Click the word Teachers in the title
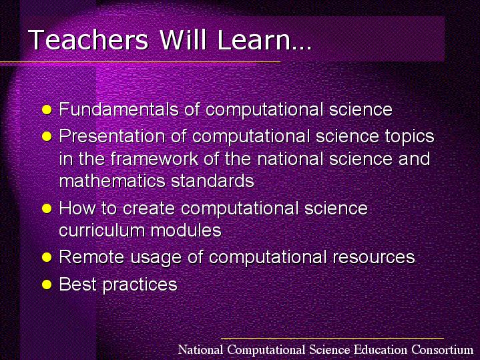click(89, 39)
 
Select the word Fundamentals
click(119, 109)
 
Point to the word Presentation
click(112, 136)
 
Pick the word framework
click(154, 159)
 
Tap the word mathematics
click(112, 181)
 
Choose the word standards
click(212, 181)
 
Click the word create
click(149, 208)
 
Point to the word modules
click(186, 230)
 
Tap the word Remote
click(91, 256)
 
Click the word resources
click(374, 257)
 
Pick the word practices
click(140, 285)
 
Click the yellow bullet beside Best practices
click(47, 285)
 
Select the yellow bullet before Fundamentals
click(47, 110)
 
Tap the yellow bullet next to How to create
click(47, 208)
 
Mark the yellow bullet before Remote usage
click(47, 257)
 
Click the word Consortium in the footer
click(443, 349)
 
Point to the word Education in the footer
click(381, 349)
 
